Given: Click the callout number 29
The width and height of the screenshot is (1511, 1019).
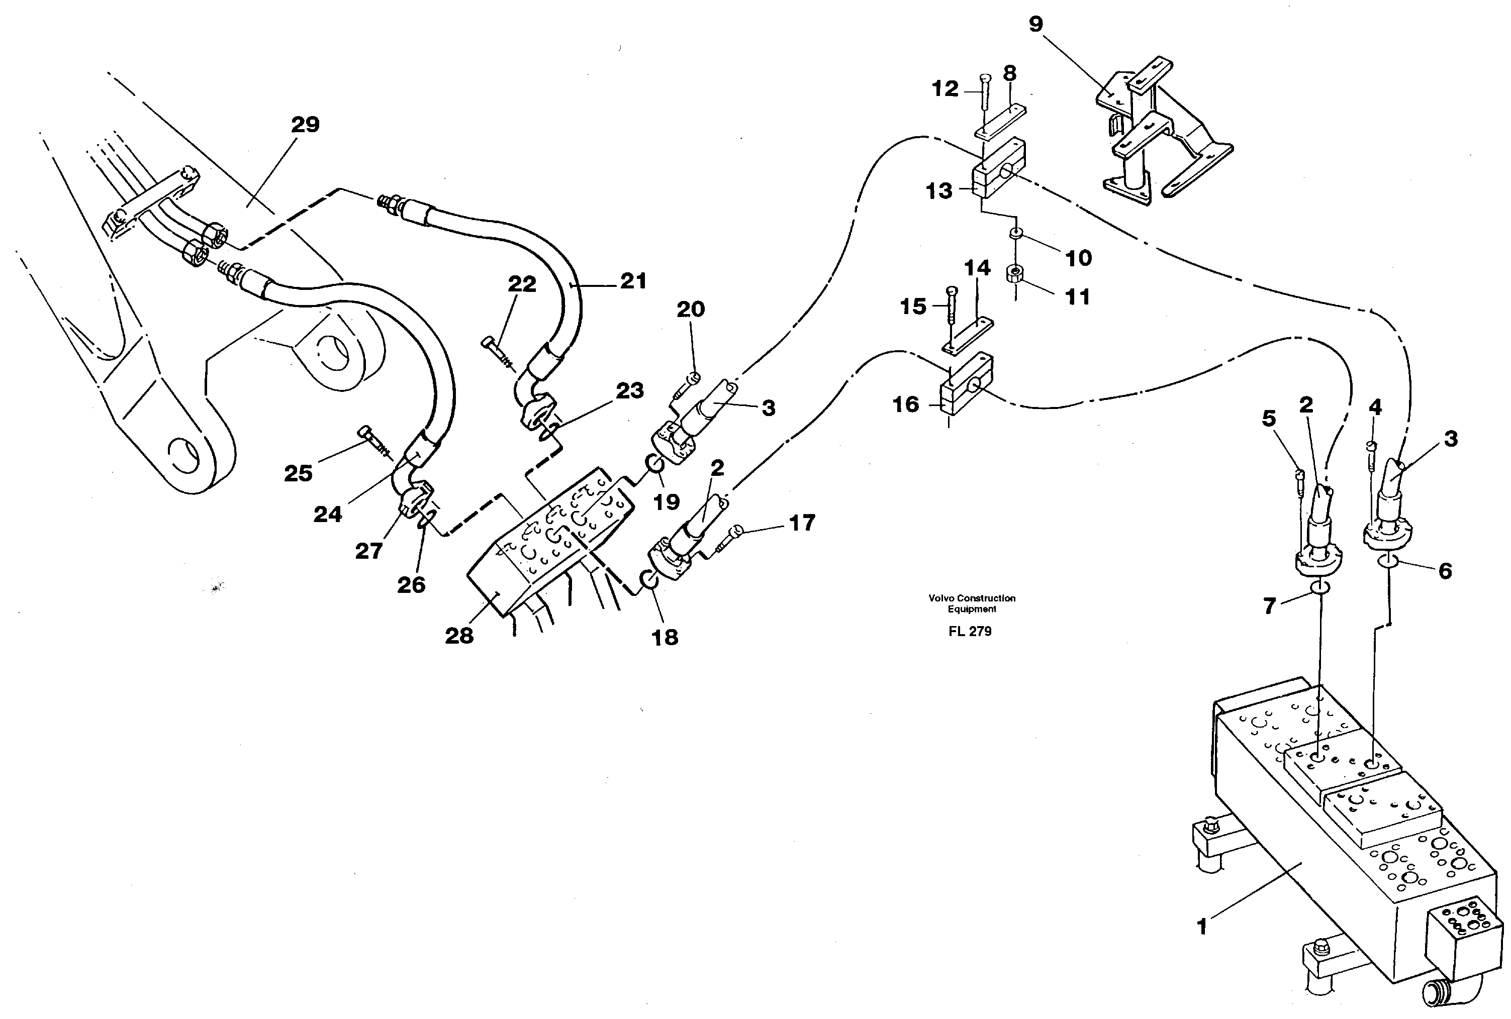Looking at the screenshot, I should [x=305, y=125].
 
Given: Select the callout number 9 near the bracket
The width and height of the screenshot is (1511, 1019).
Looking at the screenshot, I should [x=1035, y=25].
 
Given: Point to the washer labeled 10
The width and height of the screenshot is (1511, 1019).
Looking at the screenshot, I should [x=1015, y=233].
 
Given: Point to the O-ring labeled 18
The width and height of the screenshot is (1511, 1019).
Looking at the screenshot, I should [x=650, y=578].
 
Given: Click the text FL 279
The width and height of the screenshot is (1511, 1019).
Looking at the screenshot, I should [x=970, y=632].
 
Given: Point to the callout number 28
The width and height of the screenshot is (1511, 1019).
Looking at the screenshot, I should [x=459, y=636].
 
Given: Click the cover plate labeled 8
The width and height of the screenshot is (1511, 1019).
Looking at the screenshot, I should [x=1000, y=121].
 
